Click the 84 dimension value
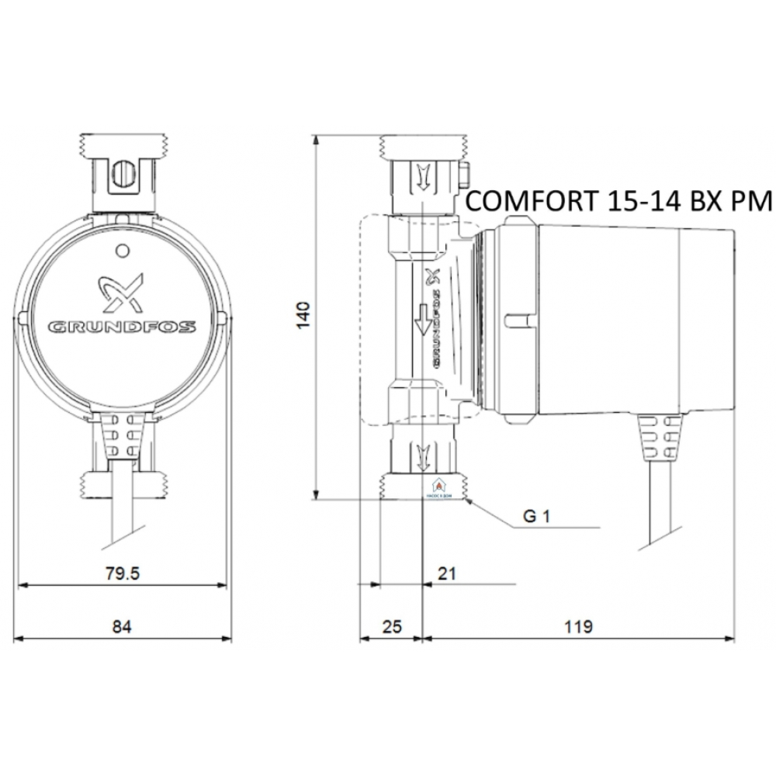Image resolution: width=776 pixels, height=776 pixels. pyautogui.click(x=122, y=625)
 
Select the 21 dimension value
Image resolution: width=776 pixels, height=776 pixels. pyautogui.click(x=446, y=573)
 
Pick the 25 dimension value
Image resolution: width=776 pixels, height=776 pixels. pyautogui.click(x=393, y=625)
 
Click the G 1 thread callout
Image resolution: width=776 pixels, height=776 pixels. pyautogui.click(x=536, y=517)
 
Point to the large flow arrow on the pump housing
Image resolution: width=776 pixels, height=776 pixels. pyautogui.click(x=422, y=318)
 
